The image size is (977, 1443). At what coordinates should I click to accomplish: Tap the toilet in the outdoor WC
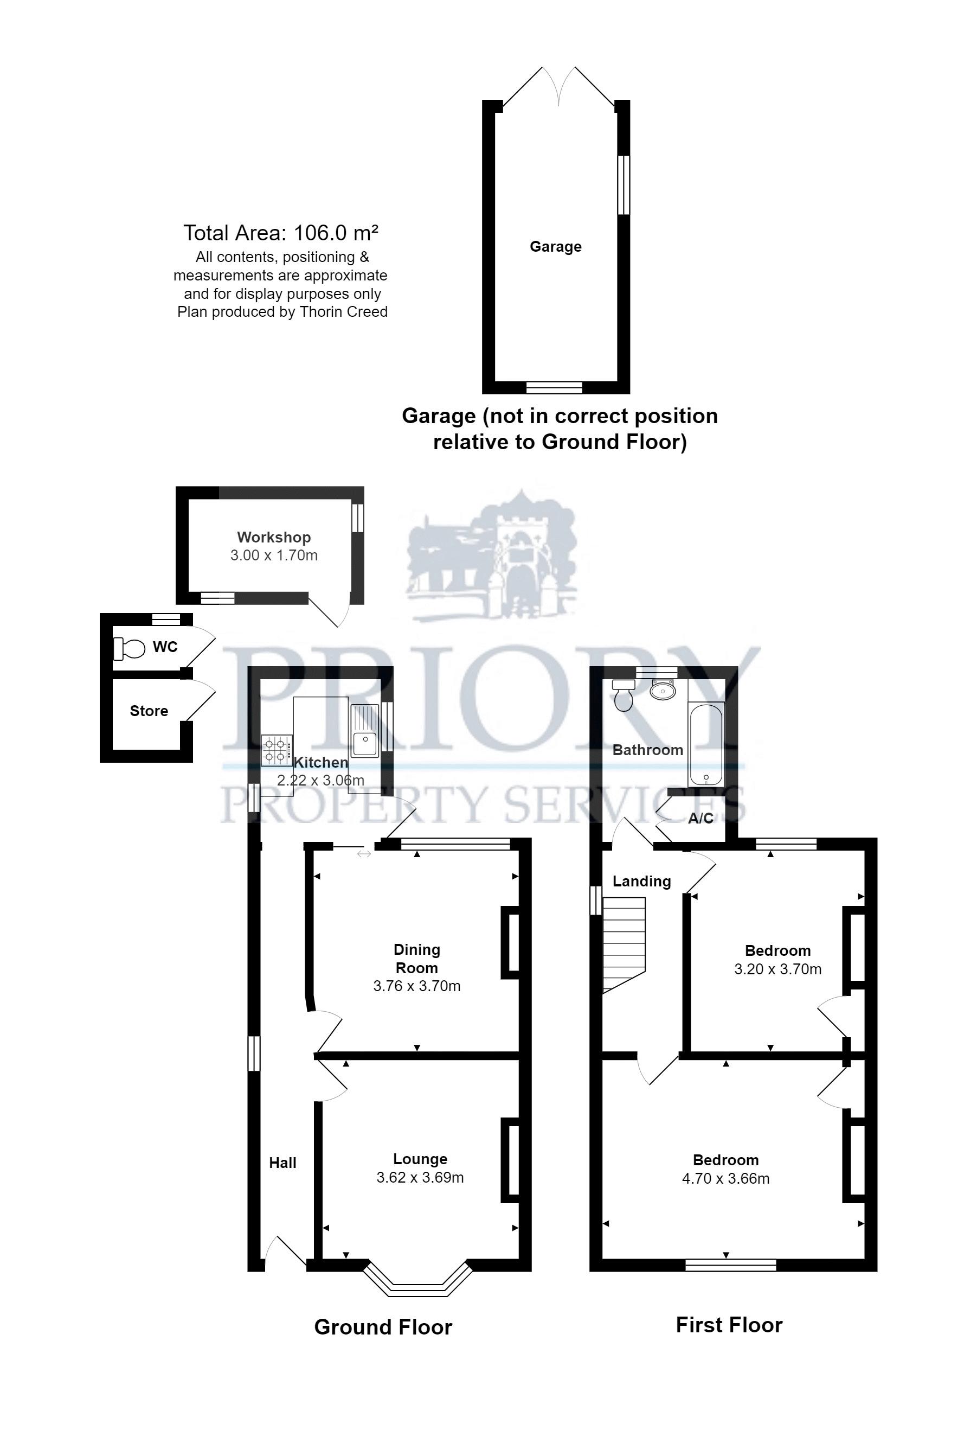(x=128, y=648)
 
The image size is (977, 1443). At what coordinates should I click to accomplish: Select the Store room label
(x=149, y=711)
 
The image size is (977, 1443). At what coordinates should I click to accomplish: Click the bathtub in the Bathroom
(x=706, y=744)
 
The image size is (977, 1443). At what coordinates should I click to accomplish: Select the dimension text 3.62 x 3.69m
(x=420, y=1177)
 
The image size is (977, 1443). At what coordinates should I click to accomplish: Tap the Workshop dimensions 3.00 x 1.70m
(x=274, y=555)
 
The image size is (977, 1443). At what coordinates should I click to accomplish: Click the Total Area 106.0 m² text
(x=280, y=233)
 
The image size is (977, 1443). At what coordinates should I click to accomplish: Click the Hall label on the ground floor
(x=282, y=1163)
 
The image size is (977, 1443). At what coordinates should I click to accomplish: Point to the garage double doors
(x=558, y=87)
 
